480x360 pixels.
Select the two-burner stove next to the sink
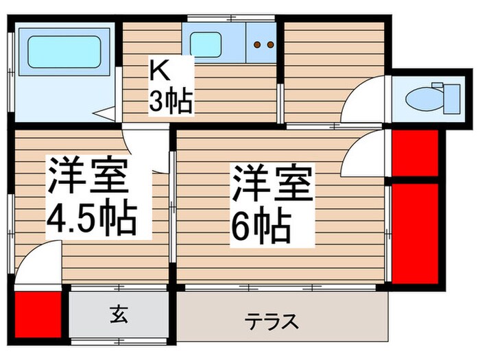click(263, 45)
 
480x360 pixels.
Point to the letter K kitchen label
click(159, 71)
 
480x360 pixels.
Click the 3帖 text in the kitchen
click(171, 101)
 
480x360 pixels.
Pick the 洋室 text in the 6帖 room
click(272, 182)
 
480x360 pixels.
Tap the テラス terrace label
click(272, 320)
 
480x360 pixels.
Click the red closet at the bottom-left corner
click(37, 316)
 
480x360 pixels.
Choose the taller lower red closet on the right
click(416, 231)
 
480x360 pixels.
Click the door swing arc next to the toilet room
click(365, 102)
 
